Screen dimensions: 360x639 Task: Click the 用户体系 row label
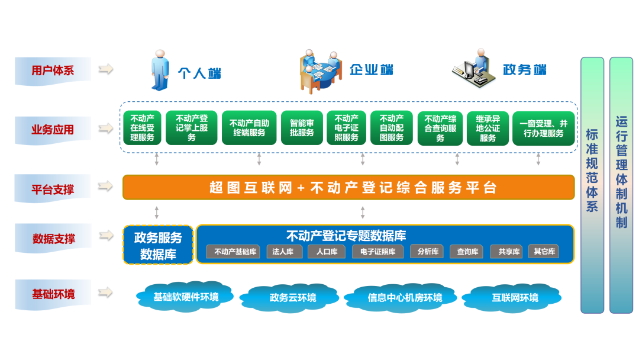click(x=53, y=70)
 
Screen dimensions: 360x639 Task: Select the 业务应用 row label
click(x=53, y=129)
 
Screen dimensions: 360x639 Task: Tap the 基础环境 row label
click(x=53, y=294)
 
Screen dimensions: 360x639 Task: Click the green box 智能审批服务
click(x=302, y=128)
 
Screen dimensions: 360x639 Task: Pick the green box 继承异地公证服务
click(x=488, y=128)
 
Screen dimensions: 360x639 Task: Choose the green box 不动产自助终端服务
click(x=248, y=128)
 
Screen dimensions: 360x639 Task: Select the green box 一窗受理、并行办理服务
click(x=543, y=128)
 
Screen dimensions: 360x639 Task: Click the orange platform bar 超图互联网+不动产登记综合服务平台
click(x=348, y=188)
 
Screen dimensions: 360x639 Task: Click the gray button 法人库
click(x=283, y=252)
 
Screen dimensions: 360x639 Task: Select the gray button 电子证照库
click(x=377, y=252)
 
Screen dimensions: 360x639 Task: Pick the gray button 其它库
click(x=544, y=252)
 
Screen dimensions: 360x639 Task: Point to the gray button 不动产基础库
click(x=234, y=252)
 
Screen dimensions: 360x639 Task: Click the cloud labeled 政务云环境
click(x=292, y=297)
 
